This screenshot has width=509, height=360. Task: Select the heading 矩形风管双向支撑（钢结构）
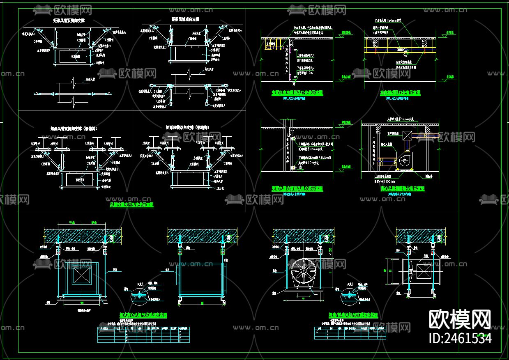(187, 128)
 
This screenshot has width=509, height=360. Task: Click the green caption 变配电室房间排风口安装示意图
(297, 93)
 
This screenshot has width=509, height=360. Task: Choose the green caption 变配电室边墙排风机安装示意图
(297, 188)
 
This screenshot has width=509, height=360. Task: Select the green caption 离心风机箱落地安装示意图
(402, 188)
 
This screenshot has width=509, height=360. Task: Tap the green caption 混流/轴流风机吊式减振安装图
(353, 315)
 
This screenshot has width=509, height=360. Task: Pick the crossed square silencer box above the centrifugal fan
(407, 136)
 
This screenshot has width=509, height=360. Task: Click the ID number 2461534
(460, 338)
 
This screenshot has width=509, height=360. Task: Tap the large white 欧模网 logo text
(460, 319)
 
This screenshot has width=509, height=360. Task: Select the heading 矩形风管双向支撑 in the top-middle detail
(185, 19)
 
